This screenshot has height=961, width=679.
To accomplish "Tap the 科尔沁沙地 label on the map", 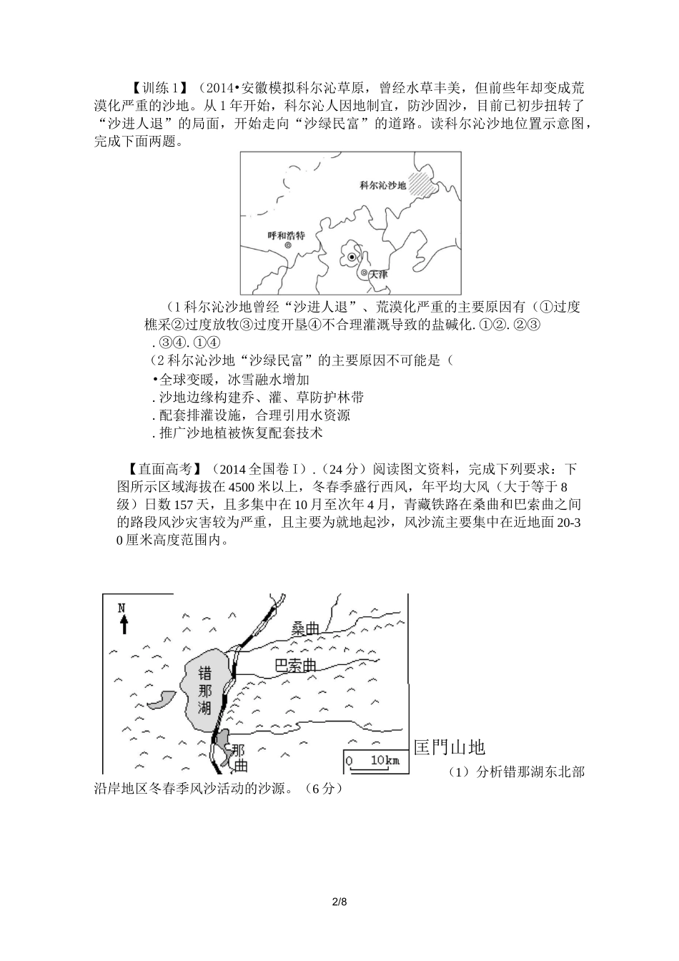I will [383, 185].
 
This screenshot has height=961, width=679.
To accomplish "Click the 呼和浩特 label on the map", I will [286, 235].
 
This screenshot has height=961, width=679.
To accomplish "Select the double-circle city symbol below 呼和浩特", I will [288, 245].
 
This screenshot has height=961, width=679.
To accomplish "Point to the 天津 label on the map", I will [379, 274].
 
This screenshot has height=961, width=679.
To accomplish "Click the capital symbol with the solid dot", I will [352, 257].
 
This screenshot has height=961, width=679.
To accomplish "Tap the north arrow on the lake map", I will [124, 625].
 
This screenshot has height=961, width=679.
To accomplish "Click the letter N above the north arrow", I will [122, 608].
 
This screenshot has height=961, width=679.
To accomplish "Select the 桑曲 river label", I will [305, 629].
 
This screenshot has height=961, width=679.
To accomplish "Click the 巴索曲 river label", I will [296, 666].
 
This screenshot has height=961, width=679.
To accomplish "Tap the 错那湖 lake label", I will [205, 690].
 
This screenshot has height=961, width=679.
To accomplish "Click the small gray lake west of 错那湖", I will [162, 699].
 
